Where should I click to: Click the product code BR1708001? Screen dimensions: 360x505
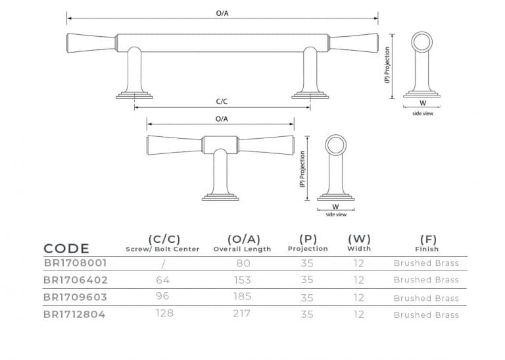pos(75,263)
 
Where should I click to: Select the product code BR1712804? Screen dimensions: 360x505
pos(75,314)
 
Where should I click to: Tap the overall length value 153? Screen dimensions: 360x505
pos(242,280)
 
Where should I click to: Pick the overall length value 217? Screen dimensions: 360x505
pos(242,314)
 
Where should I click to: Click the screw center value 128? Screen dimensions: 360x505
pos(164,313)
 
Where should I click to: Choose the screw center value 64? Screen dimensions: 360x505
pos(163,279)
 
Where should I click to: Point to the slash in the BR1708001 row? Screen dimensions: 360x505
pos(162,263)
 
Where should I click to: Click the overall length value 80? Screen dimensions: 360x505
pos(242,263)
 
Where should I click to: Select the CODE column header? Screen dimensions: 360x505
pos(66,248)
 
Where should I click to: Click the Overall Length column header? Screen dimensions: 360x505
pos(242,244)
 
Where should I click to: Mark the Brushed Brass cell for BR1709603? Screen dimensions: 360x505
pos(426,297)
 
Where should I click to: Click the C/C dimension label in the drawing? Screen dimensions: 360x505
pos(222,103)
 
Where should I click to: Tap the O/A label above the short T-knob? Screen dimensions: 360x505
pos(222,118)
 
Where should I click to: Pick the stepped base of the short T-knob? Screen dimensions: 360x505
pos(221,195)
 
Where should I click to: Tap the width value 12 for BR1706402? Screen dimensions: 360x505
pos(359,280)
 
